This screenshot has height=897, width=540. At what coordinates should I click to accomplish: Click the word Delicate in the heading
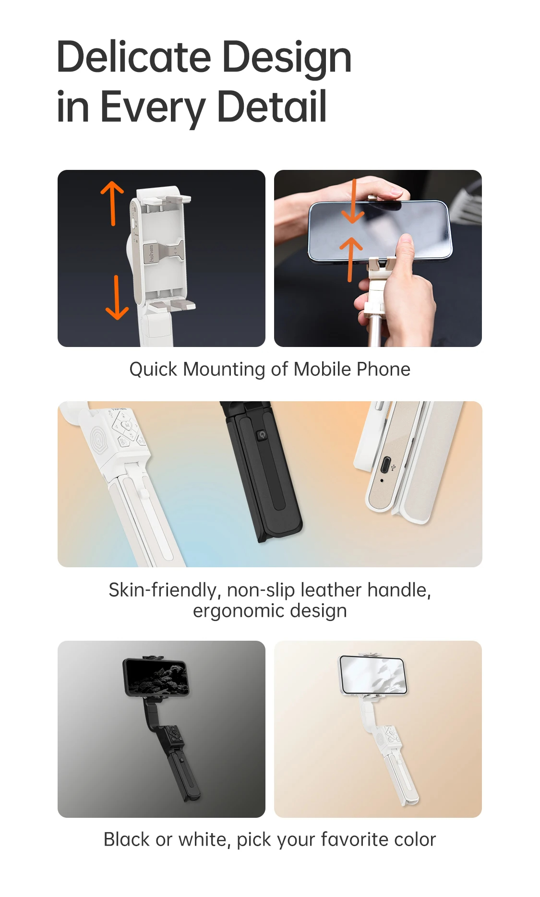click(x=133, y=57)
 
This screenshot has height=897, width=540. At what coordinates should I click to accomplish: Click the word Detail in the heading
click(x=272, y=107)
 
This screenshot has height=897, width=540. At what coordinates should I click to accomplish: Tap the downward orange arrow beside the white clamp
click(x=117, y=298)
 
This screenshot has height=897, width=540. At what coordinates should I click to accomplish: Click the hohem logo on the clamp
click(x=151, y=253)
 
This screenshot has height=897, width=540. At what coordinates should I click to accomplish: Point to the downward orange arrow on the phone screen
click(x=354, y=202)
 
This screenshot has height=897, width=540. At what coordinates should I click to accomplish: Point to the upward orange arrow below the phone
click(x=351, y=259)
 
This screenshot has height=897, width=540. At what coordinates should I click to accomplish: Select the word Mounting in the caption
click(x=224, y=370)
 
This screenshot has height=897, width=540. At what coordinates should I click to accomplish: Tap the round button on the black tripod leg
click(x=261, y=435)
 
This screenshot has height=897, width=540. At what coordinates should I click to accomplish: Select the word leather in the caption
click(x=331, y=590)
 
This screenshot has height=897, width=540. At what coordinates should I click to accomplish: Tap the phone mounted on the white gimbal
click(x=373, y=674)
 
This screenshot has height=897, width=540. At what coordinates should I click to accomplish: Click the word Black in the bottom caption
click(x=126, y=840)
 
